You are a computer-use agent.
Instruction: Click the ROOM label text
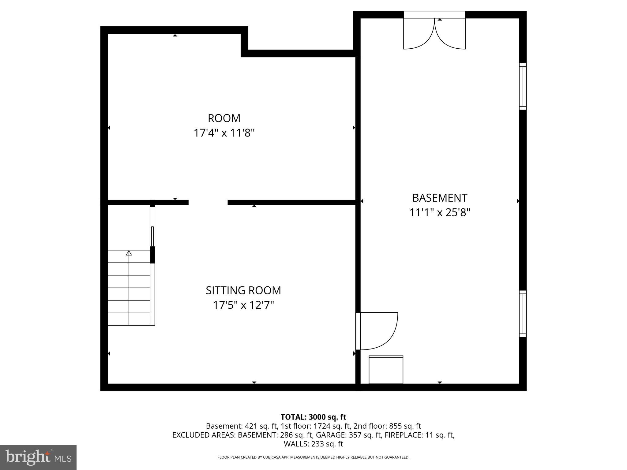pyautogui.click(x=224, y=118)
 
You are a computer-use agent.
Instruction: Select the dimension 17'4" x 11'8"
pyautogui.click(x=224, y=133)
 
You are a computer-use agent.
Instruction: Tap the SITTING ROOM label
pyautogui.click(x=243, y=290)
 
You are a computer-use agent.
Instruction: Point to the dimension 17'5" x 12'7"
pyautogui.click(x=243, y=305)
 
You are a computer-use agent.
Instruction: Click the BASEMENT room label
pyautogui.click(x=440, y=198)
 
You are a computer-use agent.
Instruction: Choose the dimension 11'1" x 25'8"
pyautogui.click(x=440, y=212)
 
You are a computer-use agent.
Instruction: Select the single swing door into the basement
pyautogui.click(x=378, y=330)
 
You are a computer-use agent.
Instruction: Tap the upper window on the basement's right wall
pyautogui.click(x=523, y=86)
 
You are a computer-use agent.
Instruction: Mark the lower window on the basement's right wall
pyautogui.click(x=523, y=314)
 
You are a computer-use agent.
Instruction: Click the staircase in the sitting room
pyautogui.click(x=129, y=288)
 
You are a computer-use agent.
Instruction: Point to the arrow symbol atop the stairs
pyautogui.click(x=129, y=253)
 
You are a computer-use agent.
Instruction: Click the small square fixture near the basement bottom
pyautogui.click(x=386, y=370)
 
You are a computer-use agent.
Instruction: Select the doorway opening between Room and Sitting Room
pyautogui.click(x=208, y=202)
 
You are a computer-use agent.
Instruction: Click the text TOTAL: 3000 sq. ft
pyautogui.click(x=313, y=417)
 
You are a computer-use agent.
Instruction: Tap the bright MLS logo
pyautogui.click(x=38, y=457)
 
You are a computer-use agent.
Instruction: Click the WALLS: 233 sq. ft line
pyautogui.click(x=313, y=444)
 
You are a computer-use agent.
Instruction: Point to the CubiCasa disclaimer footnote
pyautogui.click(x=313, y=457)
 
